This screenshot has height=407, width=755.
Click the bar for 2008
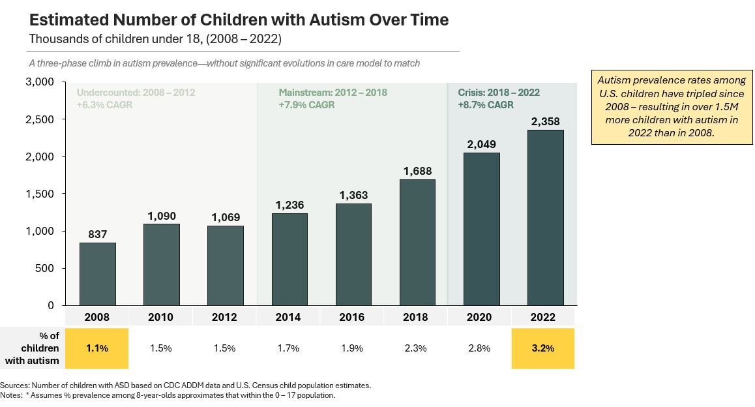tap(98, 274)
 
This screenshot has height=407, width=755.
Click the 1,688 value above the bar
tap(417, 171)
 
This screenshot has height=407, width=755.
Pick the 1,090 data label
tap(161, 215)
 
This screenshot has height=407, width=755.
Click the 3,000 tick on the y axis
tap(40, 82)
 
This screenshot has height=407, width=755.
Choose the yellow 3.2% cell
tap(543, 348)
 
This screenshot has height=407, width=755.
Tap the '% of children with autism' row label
tap(32, 348)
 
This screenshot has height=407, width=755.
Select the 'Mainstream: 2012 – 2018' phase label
tap(333, 93)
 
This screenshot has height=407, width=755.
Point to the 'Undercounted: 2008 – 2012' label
tap(136, 93)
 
